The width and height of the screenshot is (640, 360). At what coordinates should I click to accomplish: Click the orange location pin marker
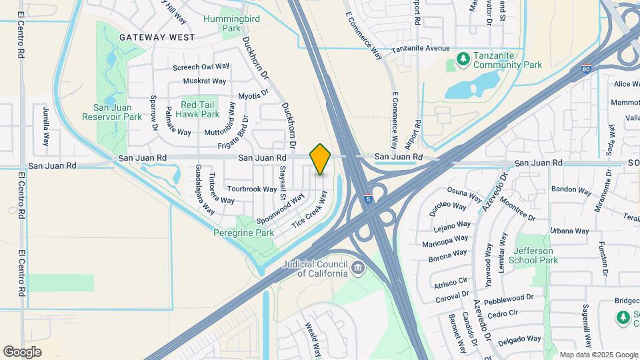(320, 159)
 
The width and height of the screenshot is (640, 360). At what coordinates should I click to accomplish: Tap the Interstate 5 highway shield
(368, 198)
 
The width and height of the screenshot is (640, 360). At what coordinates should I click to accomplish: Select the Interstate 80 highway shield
(586, 68)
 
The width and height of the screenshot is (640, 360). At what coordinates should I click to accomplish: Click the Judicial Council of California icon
(359, 268)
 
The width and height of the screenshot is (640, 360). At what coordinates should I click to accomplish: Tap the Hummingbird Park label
(221, 24)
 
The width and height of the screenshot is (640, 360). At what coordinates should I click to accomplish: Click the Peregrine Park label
(244, 233)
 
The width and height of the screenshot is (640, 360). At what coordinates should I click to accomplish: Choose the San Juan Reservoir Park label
(112, 112)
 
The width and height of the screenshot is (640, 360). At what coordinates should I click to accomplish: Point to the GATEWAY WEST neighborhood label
(157, 38)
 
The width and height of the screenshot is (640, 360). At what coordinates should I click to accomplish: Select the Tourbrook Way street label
(251, 189)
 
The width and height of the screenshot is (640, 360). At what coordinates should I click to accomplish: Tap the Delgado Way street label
(520, 339)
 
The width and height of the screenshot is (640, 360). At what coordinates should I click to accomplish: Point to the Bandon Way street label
(572, 190)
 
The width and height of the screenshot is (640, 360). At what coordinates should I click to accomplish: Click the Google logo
(22, 352)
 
